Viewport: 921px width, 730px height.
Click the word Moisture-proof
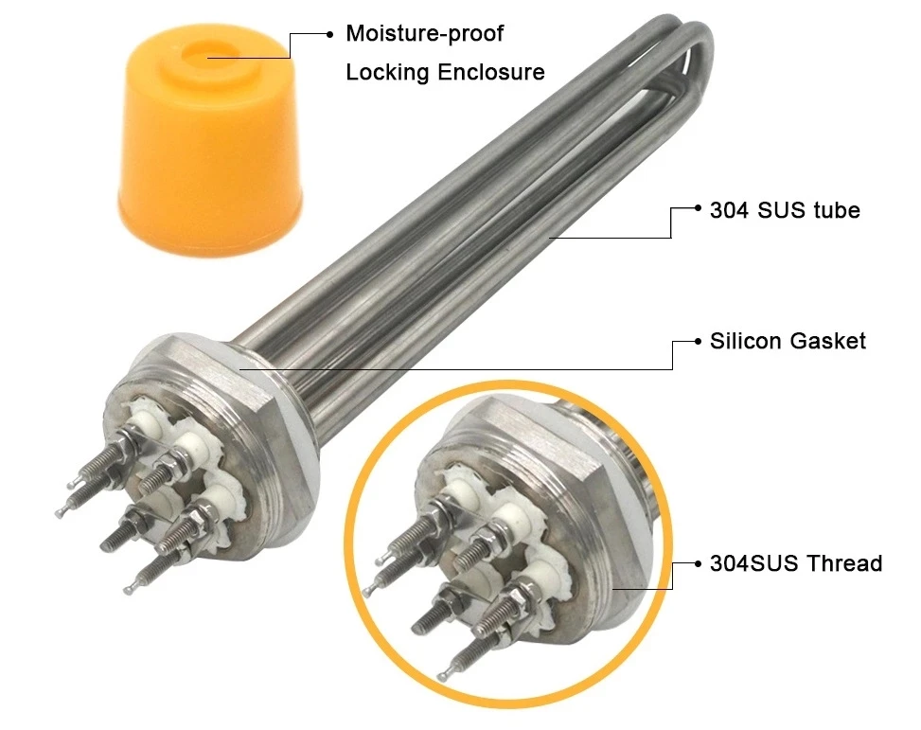[x=425, y=34]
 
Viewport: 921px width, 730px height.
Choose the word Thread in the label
[x=845, y=563]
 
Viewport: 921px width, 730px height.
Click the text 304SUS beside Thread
[x=753, y=563]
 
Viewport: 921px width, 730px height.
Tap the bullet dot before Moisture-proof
[x=329, y=34]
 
